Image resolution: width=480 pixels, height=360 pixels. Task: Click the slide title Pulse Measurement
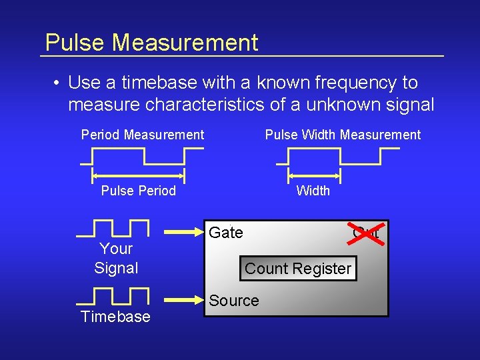151,43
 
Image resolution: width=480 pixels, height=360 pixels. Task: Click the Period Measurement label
143,135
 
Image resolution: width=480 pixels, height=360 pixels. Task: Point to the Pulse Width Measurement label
343,135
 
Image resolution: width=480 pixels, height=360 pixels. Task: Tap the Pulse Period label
138,191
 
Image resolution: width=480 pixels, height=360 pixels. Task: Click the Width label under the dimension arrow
313,191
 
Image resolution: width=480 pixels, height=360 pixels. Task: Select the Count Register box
297,269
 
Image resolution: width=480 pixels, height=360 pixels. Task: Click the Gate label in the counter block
226,233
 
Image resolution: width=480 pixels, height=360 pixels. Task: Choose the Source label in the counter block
234,301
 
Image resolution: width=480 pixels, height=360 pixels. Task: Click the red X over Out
367,233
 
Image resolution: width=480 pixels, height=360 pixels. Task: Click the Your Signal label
116,259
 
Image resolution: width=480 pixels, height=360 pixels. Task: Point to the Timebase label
115,317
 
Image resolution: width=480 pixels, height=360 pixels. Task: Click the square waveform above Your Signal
113,228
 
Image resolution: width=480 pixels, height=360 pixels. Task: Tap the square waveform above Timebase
113,296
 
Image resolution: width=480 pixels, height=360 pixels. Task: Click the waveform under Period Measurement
142,156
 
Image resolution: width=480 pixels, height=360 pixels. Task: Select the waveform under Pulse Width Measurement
337,156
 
